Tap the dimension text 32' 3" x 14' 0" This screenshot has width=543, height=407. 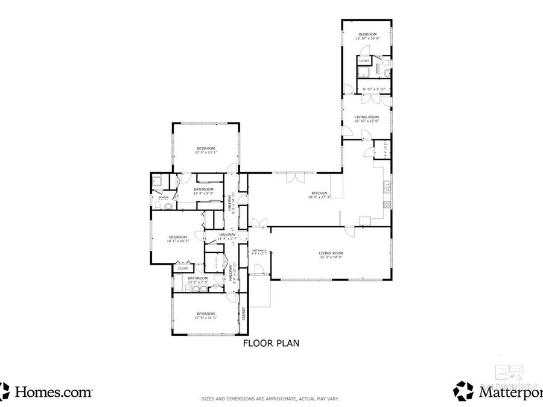coord(331,257)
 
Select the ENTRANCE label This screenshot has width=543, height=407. coord(259,250)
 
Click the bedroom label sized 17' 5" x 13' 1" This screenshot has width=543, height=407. coord(205,148)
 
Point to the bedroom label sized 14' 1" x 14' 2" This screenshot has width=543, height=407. coord(178,237)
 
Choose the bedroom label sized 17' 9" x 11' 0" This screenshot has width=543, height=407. coord(205,314)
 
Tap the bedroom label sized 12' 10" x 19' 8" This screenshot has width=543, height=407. coord(367,34)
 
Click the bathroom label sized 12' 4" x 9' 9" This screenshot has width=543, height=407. coord(203,189)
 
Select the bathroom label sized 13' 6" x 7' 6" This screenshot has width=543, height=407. coord(198,278)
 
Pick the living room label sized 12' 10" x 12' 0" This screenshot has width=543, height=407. coord(366,116)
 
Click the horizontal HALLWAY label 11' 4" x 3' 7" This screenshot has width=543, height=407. coord(227,235)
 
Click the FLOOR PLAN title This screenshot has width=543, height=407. coord(271,344)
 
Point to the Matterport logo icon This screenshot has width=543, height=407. coord(463,391)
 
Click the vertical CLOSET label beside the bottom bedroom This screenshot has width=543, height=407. coord(244,314)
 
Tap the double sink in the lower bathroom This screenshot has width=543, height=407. coord(199,288)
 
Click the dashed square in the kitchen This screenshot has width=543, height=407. coord(364,220)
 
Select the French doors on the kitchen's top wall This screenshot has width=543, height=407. coord(294,177)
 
